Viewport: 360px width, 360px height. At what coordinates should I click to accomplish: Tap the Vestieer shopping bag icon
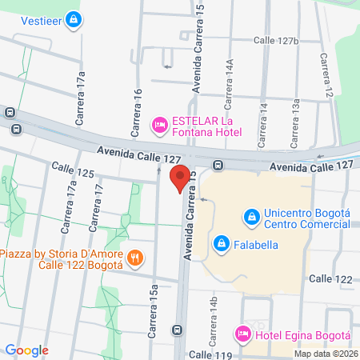click(74, 18)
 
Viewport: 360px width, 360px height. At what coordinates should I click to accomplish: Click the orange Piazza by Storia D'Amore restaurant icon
click(137, 258)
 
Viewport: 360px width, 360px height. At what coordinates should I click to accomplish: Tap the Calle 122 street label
click(330, 278)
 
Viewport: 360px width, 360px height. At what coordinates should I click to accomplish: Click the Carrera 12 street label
click(326, 78)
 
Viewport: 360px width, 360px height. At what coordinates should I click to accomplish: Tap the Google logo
click(27, 350)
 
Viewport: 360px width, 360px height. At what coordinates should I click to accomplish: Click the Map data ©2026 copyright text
click(325, 354)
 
